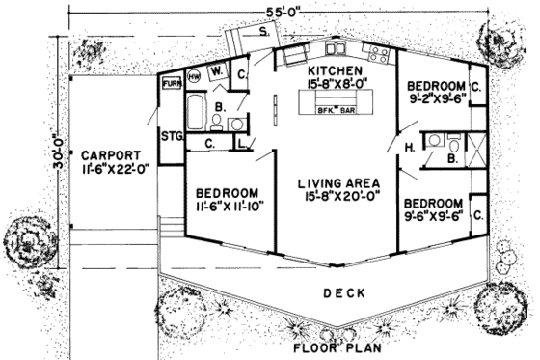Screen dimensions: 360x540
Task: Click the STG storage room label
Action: pos(173,134)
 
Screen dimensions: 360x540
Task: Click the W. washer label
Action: pos(216,70)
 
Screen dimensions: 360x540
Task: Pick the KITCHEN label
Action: pos(334,72)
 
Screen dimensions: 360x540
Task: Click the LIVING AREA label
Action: pos(337,183)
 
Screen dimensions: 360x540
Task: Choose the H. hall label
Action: pos(409,148)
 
